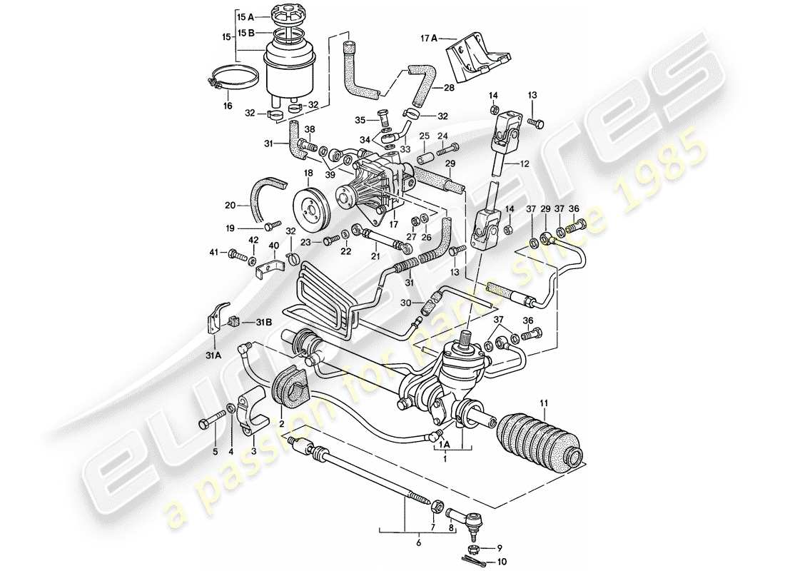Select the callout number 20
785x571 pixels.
coord(230,205)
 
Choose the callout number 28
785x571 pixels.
coord(448,88)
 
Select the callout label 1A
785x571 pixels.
coord(444,443)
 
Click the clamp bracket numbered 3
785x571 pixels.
coord(250,413)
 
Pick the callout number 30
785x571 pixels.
coord(405,303)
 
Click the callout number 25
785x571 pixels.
coord(424,136)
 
